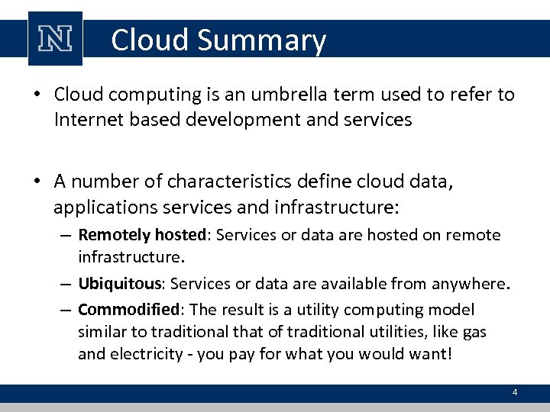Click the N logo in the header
click(x=55, y=39)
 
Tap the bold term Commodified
click(x=128, y=310)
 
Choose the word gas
click(x=474, y=332)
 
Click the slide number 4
click(x=515, y=392)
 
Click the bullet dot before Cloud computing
click(x=37, y=95)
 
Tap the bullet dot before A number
click(x=37, y=182)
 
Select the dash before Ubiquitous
click(x=67, y=285)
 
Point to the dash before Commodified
click(x=67, y=311)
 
